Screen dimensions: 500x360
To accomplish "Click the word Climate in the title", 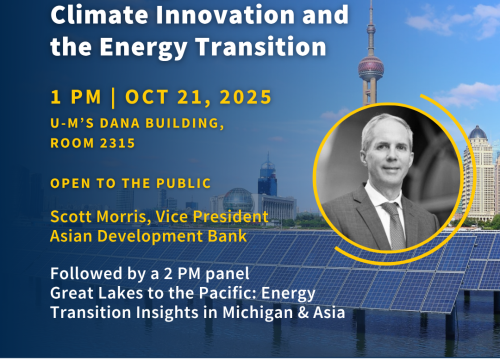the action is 100,15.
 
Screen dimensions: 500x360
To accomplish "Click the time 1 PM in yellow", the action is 76,97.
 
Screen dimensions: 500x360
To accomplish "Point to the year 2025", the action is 245,97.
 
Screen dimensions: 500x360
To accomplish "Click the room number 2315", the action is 117,143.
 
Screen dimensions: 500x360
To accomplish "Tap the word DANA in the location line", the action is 120,123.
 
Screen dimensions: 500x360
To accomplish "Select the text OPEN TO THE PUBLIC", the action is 131,183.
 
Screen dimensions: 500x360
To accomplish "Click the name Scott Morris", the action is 98,217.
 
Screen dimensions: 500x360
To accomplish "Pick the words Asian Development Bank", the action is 149,236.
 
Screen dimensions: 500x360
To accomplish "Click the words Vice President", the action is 212,217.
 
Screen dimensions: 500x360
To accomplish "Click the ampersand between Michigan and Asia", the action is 303,313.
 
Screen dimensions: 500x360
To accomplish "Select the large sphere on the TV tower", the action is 371,68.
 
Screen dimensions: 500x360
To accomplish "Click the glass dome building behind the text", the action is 238,200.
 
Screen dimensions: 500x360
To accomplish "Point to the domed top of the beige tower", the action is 478,133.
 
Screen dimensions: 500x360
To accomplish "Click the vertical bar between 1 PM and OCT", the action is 113,97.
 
